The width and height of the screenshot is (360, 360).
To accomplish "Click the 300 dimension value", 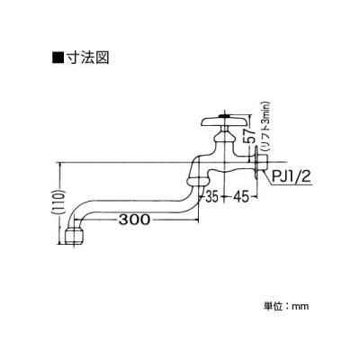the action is point(134,220).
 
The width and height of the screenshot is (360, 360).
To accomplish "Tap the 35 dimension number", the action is point(211,196).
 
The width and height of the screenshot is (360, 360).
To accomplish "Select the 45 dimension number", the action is point(242,196).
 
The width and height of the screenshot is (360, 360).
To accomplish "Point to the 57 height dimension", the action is point(252,137).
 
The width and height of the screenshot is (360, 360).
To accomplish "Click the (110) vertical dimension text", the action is point(62,203).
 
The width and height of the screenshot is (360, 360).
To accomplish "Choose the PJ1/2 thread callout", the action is point(291,177).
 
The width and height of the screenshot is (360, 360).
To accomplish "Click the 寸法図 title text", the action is point(87,57).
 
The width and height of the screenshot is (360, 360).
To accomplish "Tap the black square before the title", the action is point(58,58).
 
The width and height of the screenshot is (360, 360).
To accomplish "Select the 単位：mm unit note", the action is point(286,306).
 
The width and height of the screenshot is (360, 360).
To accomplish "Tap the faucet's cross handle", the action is point(224,121).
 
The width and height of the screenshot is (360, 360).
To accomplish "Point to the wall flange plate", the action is point(256,163).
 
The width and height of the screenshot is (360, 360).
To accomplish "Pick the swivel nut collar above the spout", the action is point(198,181).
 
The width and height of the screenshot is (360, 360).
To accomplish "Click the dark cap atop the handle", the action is point(224,115).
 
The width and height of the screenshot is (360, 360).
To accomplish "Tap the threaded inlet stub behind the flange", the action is point(263,162).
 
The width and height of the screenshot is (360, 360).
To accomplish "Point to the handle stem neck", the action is point(224,130).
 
